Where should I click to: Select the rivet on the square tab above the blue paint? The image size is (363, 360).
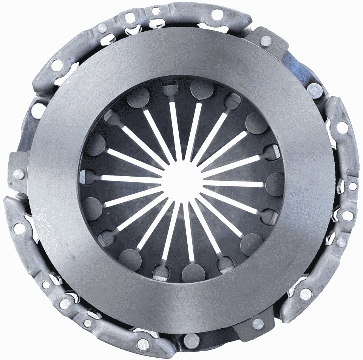coord(266,40)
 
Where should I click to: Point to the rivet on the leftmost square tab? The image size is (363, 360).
coord(18,174)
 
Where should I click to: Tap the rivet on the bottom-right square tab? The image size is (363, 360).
coord(258,323)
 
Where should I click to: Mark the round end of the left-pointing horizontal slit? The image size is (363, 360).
coord(88,176)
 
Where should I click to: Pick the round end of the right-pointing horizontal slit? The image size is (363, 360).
coord(274,184)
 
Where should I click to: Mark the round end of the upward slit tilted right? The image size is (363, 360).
coord(202,89)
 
